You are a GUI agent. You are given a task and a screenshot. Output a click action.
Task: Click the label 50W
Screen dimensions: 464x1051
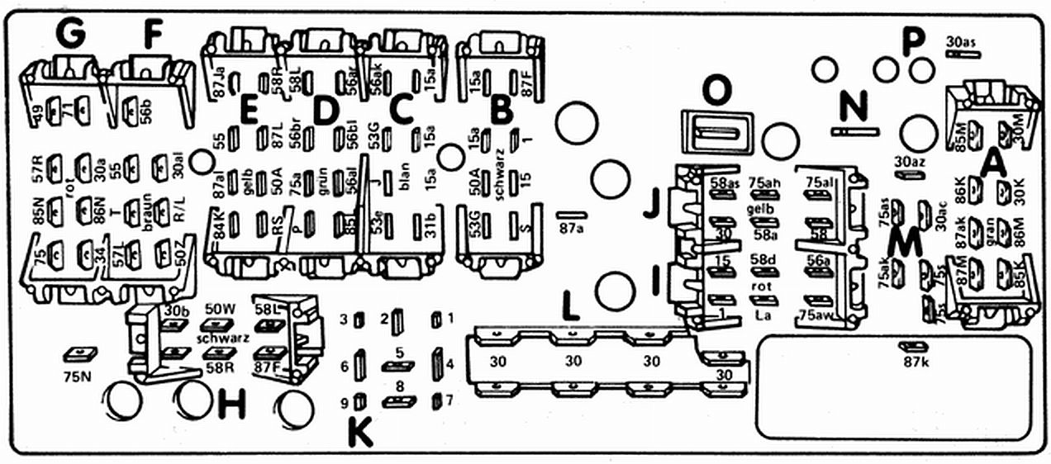coord(221,309)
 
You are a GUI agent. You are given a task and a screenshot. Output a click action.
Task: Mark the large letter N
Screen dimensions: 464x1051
coord(854,105)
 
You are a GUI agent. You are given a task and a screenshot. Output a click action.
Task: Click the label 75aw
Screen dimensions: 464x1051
coord(816,315)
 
